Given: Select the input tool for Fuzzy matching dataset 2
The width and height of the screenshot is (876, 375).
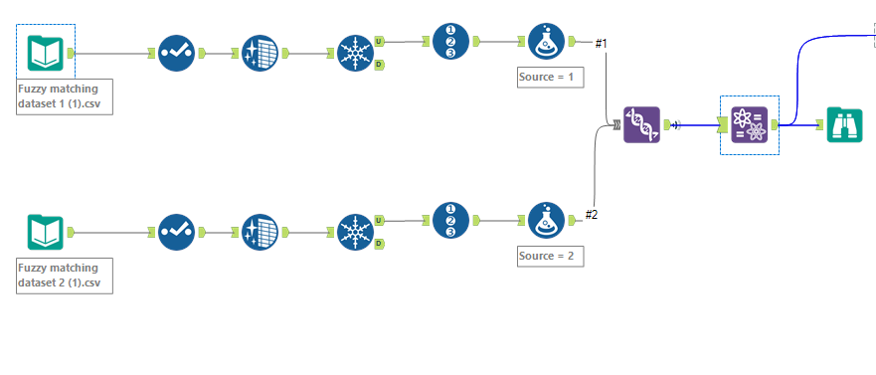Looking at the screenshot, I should click(x=46, y=233).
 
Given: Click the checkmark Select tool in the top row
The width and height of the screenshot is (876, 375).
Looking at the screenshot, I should click(x=177, y=52).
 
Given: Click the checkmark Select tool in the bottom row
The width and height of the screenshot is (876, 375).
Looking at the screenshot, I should click(x=177, y=233).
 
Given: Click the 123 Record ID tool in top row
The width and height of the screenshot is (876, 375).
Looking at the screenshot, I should click(x=449, y=41).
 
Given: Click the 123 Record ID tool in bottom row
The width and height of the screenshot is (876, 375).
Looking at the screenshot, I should click(x=449, y=220).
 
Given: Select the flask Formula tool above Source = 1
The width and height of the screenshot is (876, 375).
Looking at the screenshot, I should click(x=547, y=41).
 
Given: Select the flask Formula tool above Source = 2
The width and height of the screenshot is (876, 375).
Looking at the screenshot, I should click(x=547, y=220).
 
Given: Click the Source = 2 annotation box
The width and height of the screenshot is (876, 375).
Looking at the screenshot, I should click(x=550, y=257).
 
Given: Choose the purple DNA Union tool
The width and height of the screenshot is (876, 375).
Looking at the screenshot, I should click(x=641, y=124).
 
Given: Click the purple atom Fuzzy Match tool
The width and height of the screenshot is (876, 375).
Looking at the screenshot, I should click(x=749, y=125).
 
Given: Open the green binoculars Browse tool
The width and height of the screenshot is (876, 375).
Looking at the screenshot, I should click(x=845, y=125).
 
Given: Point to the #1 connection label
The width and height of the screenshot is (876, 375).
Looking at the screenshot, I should click(x=601, y=43).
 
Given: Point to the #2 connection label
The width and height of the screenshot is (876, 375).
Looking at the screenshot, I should click(x=591, y=215).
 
